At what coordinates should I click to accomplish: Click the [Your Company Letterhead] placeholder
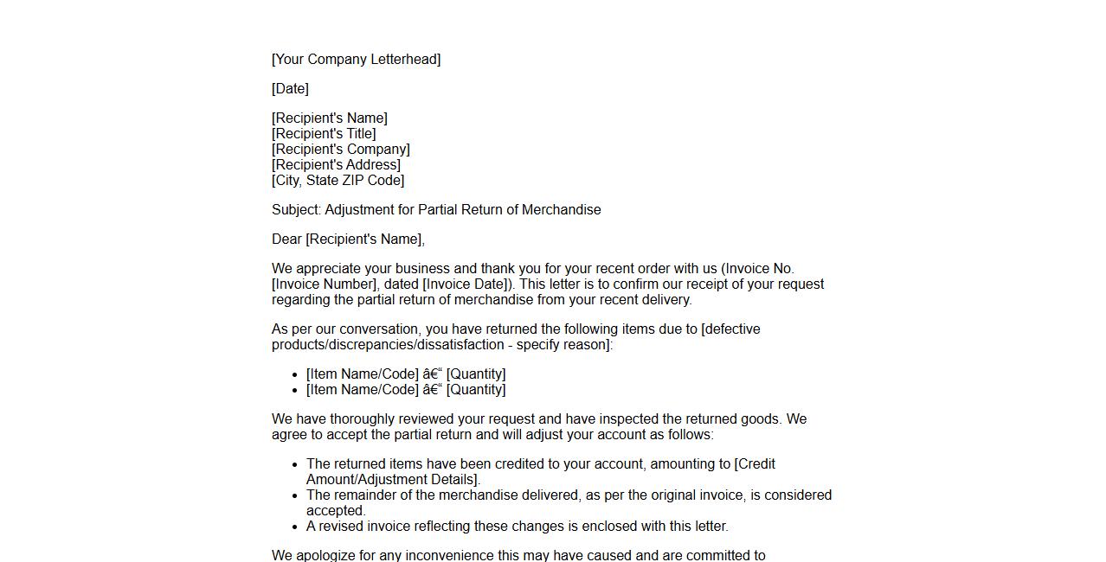point(356,60)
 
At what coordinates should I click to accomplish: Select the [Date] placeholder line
point(290,89)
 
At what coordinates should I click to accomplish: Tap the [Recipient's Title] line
point(324,134)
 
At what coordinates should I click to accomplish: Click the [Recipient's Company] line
point(341,150)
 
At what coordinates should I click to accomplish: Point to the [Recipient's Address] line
point(336,165)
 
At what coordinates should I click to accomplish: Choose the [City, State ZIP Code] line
point(338,181)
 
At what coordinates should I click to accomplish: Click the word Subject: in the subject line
point(296,210)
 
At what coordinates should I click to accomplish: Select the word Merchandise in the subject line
point(561,210)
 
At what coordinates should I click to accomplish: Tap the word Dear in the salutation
point(286,239)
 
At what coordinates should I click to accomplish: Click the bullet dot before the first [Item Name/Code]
point(296,374)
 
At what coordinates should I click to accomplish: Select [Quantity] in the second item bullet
point(476,390)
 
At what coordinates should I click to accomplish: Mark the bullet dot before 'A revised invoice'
point(296,527)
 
